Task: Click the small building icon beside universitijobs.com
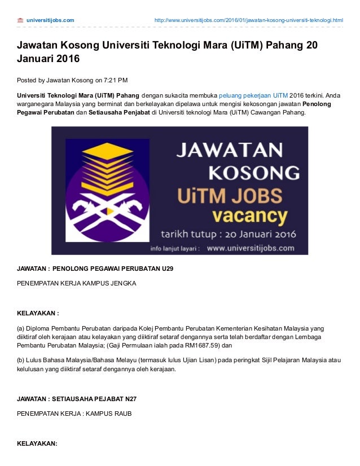coord(20,20)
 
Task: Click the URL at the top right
coord(249,20)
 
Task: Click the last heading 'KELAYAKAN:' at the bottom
coord(37,443)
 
